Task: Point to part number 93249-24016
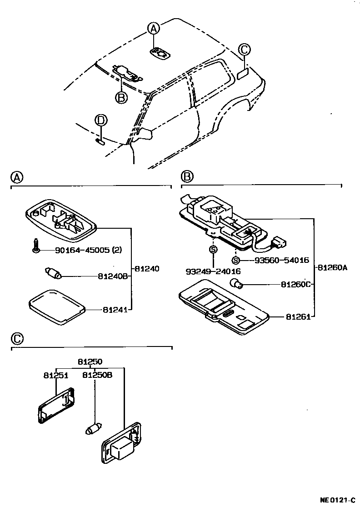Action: pyautogui.click(x=213, y=271)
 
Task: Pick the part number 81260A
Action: pyautogui.click(x=332, y=268)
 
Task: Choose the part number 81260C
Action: pyautogui.click(x=295, y=285)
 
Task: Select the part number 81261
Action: pyautogui.click(x=298, y=316)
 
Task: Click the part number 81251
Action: pyautogui.click(x=56, y=376)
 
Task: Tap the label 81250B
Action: pyautogui.click(x=97, y=376)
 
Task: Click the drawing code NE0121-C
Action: pyautogui.click(x=337, y=500)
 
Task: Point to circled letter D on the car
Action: pyautogui.click(x=101, y=120)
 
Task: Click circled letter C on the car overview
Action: pyautogui.click(x=244, y=50)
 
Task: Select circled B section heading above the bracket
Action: pyautogui.click(x=187, y=176)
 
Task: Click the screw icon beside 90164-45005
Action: pyautogui.click(x=35, y=246)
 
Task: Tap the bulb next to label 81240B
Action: pyautogui.click(x=53, y=274)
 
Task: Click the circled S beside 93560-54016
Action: pyautogui.click(x=235, y=261)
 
